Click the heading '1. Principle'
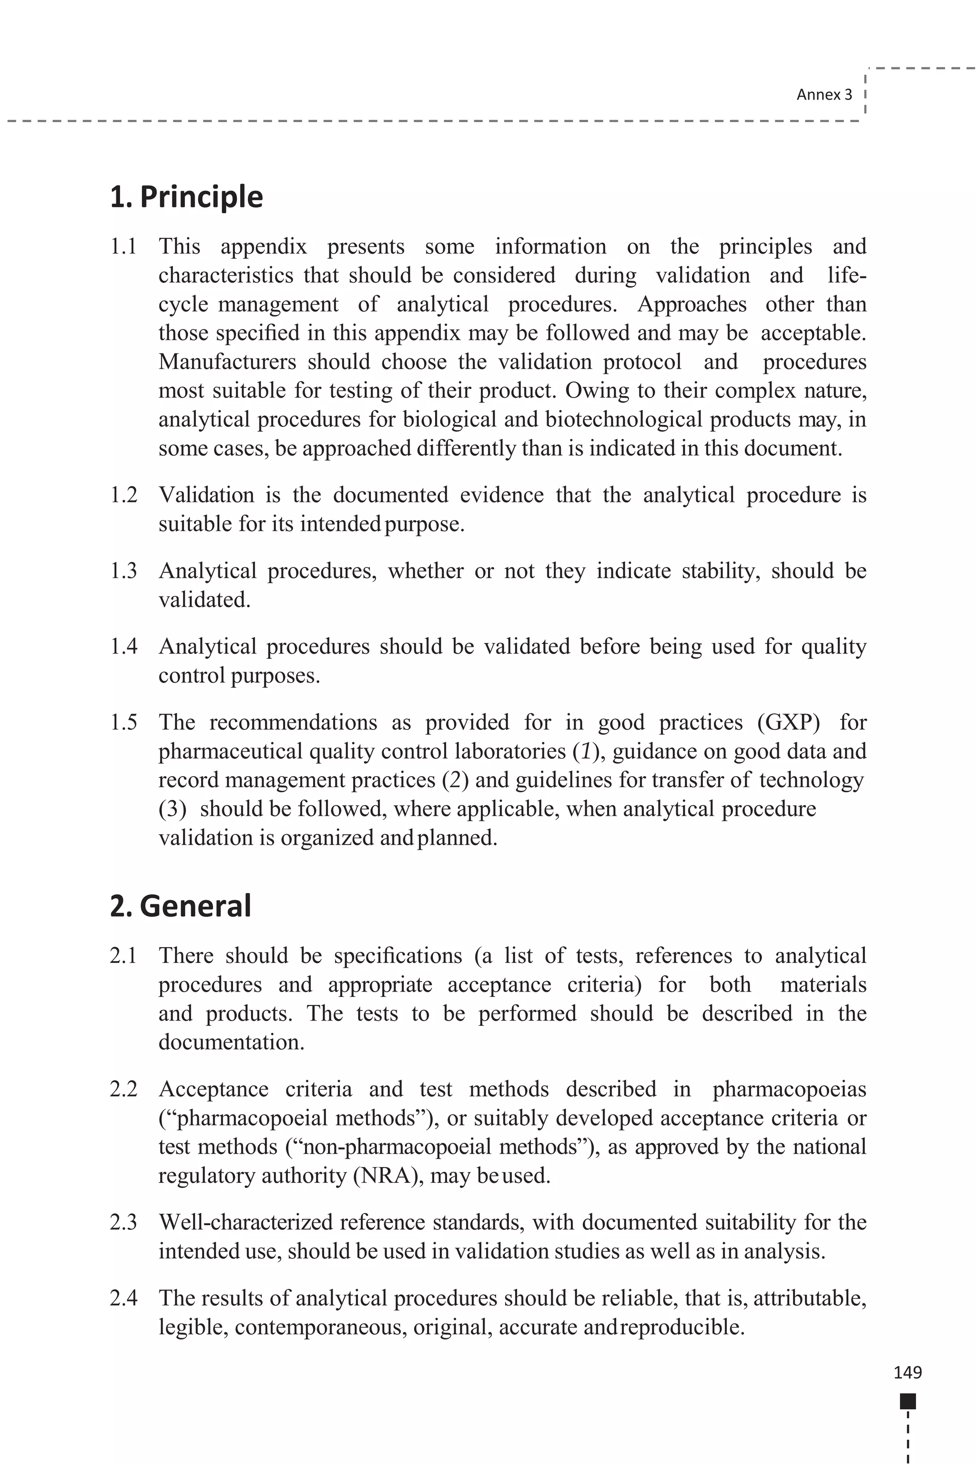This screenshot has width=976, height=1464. pyautogui.click(x=186, y=197)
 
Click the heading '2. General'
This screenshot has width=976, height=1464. pyautogui.click(x=181, y=905)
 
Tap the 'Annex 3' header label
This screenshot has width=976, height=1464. pyautogui.click(x=824, y=95)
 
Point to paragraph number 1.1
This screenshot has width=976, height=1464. pyautogui.click(x=123, y=246)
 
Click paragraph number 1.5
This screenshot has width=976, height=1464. pyautogui.click(x=123, y=722)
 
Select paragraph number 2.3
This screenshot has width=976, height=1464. pyautogui.click(x=123, y=1222)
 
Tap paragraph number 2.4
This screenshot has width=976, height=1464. pyautogui.click(x=123, y=1299)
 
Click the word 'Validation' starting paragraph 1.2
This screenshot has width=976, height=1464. pyautogui.click(x=206, y=495)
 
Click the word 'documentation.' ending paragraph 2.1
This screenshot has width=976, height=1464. pyautogui.click(x=231, y=1043)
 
